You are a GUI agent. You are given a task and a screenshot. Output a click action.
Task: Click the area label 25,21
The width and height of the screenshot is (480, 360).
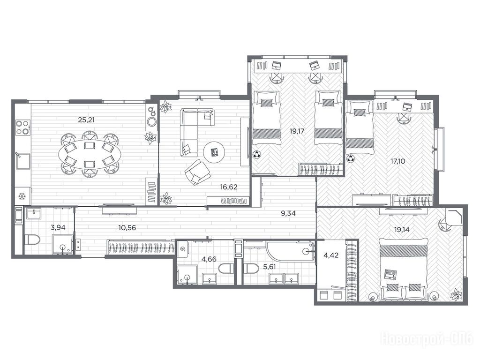[86, 120]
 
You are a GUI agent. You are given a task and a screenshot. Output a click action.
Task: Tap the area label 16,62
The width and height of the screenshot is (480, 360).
[229, 187]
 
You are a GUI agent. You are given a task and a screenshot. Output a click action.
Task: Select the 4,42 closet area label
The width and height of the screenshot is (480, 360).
[331, 255]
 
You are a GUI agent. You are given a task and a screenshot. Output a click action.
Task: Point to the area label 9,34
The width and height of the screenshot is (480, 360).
[288, 213]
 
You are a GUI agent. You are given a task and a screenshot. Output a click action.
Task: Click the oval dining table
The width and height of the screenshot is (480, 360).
[90, 154]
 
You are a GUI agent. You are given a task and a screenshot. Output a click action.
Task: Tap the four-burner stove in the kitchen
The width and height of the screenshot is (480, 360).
[22, 127]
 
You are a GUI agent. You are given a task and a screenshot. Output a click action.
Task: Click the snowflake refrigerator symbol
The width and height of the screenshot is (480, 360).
[22, 196]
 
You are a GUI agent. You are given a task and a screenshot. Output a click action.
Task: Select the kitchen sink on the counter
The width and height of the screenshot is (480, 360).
[22, 161]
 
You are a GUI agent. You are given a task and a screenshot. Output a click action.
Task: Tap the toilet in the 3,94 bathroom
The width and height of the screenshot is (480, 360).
[32, 240]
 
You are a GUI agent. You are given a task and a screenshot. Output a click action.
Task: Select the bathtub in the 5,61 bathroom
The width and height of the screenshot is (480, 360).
[290, 251]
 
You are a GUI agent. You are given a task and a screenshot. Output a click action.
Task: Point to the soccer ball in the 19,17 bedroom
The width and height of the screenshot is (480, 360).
[257, 155]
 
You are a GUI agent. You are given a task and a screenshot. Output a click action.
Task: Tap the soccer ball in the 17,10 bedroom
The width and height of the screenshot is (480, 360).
[351, 158]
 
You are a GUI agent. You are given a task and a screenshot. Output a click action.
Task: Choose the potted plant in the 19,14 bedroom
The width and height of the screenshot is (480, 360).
[456, 294]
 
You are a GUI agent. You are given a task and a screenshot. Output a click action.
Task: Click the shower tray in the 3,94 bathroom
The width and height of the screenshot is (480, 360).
[63, 245]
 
